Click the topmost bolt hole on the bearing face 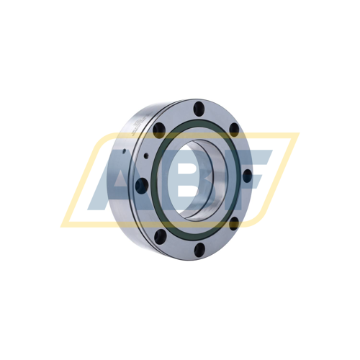(199, 107)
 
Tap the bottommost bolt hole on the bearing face (199, 249)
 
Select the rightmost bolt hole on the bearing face (248, 176)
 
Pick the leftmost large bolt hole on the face (141, 186)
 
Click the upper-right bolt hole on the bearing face (234, 130)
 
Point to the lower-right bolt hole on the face (234, 224)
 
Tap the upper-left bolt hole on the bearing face (158, 130)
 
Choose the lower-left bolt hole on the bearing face (160, 235)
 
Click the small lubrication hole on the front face (145, 156)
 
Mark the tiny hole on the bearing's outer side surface (124, 151)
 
